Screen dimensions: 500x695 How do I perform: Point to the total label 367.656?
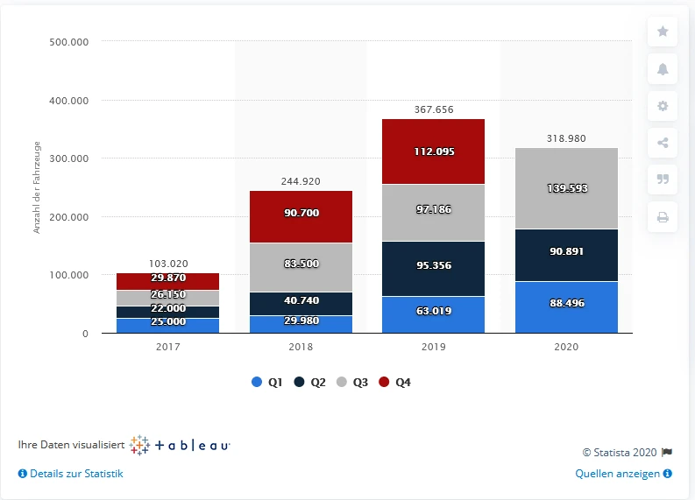pos(433,109)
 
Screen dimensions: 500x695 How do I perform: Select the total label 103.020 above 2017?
pos(167,264)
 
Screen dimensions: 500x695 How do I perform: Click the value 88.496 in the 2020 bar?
pos(566,303)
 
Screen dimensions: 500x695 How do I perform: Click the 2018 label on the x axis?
pos(300,347)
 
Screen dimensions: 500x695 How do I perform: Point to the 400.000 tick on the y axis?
pos(69,101)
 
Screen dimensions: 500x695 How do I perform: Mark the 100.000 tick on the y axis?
pos(69,275)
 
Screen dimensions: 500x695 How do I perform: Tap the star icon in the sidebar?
pos(663,32)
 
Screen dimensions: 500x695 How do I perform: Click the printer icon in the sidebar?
pos(663,218)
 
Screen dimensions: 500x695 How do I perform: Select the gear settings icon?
pos(663,106)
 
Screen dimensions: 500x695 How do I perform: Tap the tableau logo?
pos(180,445)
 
